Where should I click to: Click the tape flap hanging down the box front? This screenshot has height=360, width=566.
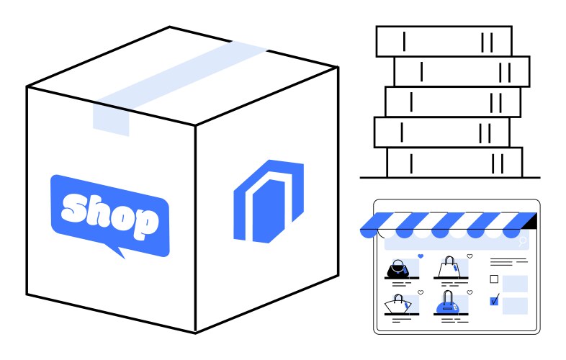(x=111, y=119)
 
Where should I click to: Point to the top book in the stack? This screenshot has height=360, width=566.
(x=444, y=41)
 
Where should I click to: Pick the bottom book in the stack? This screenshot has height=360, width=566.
(x=454, y=162)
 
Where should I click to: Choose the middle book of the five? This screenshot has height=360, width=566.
(x=452, y=102)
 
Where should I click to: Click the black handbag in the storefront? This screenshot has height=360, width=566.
(x=397, y=270)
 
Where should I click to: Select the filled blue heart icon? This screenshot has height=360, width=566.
(x=421, y=256)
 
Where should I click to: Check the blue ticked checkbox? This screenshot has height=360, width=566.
(x=494, y=301)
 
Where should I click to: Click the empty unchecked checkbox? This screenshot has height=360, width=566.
(x=494, y=279)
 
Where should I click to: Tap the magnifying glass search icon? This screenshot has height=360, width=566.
(x=523, y=241)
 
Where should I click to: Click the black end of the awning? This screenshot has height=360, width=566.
(x=531, y=220)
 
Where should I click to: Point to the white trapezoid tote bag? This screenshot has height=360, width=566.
(x=449, y=268)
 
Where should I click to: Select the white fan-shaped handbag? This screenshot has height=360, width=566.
(x=397, y=304)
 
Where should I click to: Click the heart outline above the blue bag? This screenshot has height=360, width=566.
(x=470, y=293)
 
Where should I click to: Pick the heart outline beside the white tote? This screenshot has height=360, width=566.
(x=470, y=256)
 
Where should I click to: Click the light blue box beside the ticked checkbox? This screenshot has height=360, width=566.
(x=516, y=305)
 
